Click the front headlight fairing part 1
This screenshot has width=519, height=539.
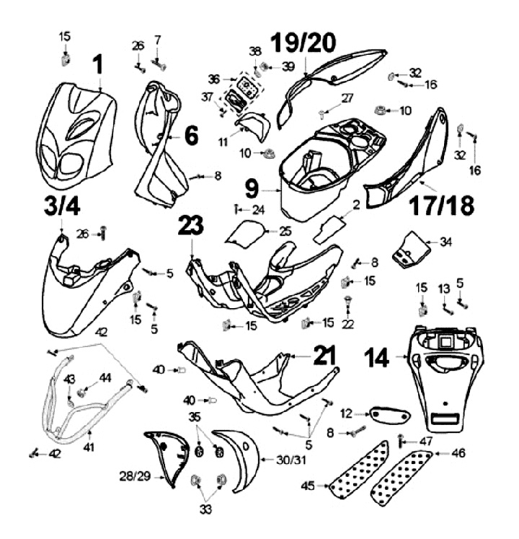pyautogui.click(x=76, y=130)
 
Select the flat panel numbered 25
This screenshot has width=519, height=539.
pyautogui.click(x=245, y=233)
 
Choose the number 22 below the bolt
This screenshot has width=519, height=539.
pyautogui.click(x=350, y=326)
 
